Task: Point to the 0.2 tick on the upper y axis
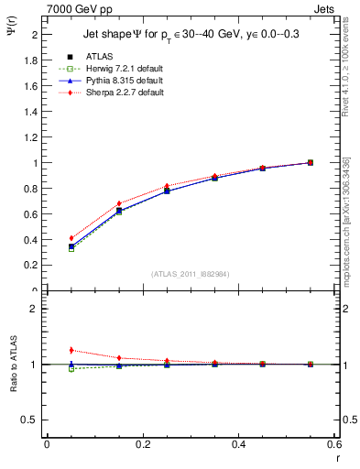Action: click(x=32, y=266)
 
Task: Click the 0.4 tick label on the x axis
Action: click(x=238, y=444)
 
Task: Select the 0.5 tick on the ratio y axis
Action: click(x=32, y=420)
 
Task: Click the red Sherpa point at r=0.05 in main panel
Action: click(x=71, y=238)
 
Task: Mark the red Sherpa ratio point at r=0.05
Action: click(x=71, y=350)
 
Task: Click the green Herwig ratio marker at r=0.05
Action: click(x=71, y=368)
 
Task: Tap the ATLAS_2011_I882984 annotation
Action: click(x=191, y=274)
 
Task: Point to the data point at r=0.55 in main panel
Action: click(x=311, y=162)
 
